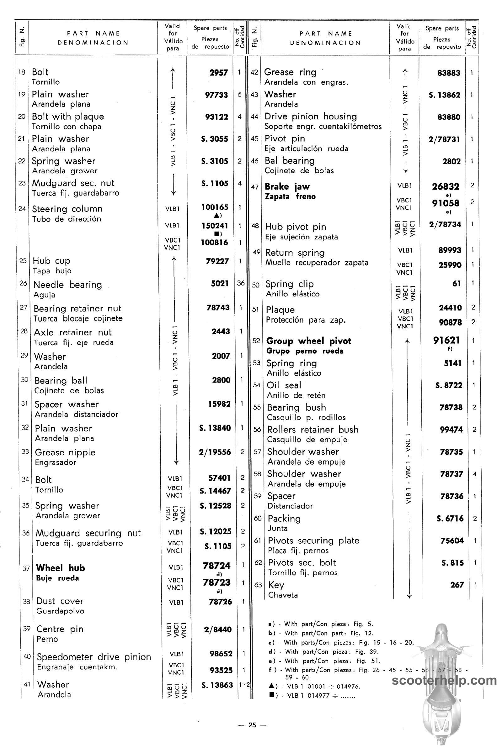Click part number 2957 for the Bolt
tap(219, 73)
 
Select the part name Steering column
tap(67, 209)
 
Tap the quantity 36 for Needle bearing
tap(241, 283)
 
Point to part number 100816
tap(215, 242)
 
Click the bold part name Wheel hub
tap(61, 568)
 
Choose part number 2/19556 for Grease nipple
tap(215, 452)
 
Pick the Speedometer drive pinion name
tap(94, 657)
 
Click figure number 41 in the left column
tap(27, 684)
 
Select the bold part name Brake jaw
tap(287, 187)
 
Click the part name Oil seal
tap(284, 385)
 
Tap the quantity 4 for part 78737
tap(474, 474)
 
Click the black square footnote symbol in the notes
tap(270, 695)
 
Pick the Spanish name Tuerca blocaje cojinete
tap(78, 318)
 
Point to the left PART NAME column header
tap(93, 33)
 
